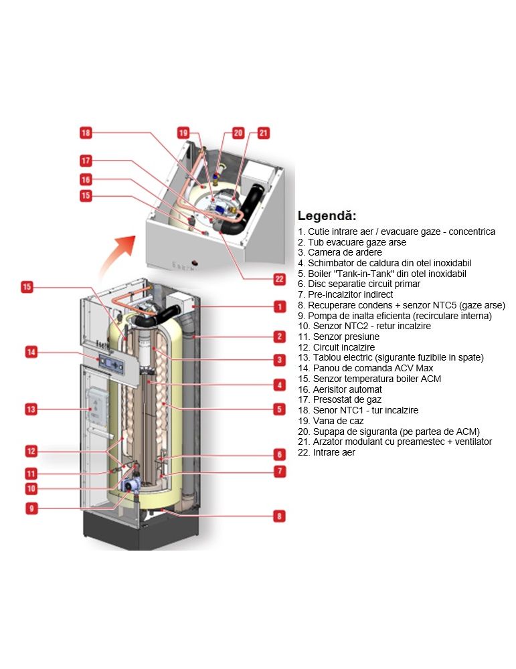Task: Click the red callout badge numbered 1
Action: click(x=279, y=306)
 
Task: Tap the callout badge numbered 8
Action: click(x=279, y=516)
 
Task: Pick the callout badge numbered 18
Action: click(x=85, y=132)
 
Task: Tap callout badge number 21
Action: click(x=263, y=132)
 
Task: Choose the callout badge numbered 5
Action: click(x=279, y=408)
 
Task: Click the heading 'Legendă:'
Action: click(x=327, y=216)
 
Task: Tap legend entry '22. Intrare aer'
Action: click(x=327, y=452)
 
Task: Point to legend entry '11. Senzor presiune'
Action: click(x=339, y=337)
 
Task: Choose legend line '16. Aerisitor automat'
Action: click(x=340, y=389)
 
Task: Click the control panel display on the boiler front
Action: click(x=111, y=362)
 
